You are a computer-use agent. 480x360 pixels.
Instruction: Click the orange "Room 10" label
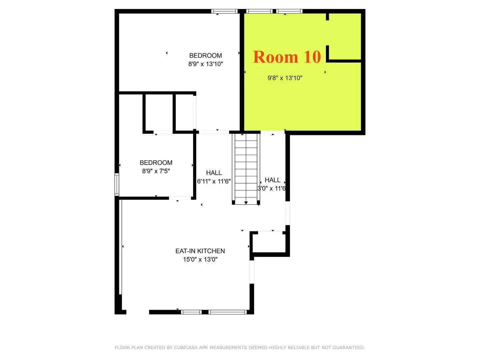pyautogui.click(x=287, y=57)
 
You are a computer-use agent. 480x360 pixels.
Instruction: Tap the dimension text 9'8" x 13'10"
pyautogui.click(x=285, y=78)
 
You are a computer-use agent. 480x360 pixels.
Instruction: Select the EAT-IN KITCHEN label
pyautogui.click(x=200, y=251)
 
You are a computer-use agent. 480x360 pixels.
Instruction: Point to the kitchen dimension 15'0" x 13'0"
pyautogui.click(x=200, y=259)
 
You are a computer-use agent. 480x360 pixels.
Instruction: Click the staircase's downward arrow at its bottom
pyautogui.click(x=246, y=202)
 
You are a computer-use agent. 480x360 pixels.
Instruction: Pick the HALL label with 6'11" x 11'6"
pyautogui.click(x=214, y=173)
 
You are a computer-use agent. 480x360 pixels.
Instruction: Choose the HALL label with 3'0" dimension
pyautogui.click(x=272, y=180)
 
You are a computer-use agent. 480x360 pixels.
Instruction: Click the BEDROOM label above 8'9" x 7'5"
pyautogui.click(x=156, y=163)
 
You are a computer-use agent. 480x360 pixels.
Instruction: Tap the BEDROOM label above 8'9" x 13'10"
pyautogui.click(x=205, y=56)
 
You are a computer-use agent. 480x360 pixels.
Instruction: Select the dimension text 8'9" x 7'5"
pyautogui.click(x=156, y=171)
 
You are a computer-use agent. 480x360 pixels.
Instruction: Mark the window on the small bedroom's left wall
pyautogui.click(x=117, y=184)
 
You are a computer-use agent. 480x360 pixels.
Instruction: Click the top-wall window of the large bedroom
pyautogui.click(x=224, y=11)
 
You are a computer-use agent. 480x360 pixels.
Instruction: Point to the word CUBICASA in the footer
pyautogui.click(x=186, y=348)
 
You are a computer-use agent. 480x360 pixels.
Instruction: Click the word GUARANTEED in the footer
pyautogui.click(x=348, y=348)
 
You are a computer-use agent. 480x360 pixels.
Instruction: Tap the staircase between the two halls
pyautogui.click(x=246, y=167)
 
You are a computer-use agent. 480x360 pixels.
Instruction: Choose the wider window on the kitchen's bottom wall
pyautogui.click(x=228, y=312)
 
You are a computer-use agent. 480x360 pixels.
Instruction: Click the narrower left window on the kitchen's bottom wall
pyautogui.click(x=191, y=312)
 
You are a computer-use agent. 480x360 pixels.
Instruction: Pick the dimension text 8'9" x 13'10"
pyautogui.click(x=205, y=64)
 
